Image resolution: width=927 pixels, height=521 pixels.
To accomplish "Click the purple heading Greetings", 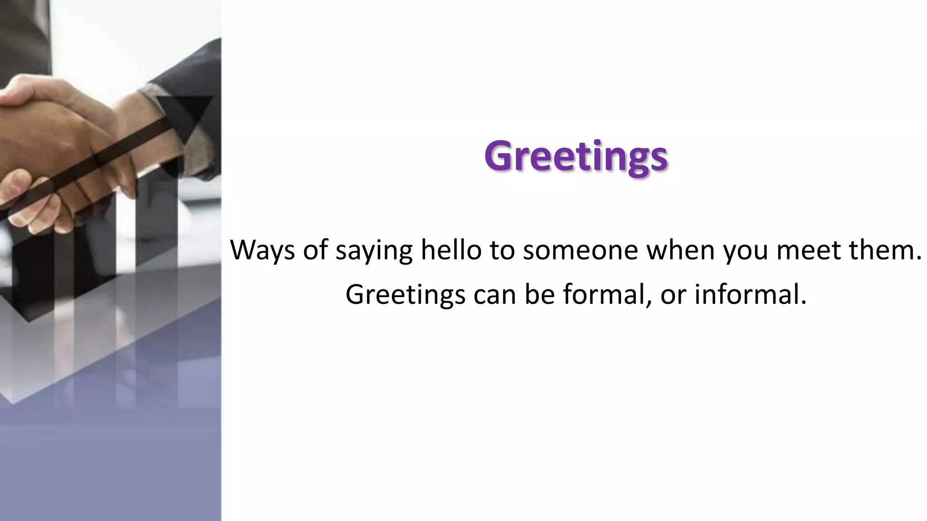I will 576,156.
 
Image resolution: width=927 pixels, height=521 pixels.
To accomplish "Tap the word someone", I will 581,250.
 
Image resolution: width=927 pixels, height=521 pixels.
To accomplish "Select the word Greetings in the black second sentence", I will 406,295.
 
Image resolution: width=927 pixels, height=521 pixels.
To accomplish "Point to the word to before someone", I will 502,250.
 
